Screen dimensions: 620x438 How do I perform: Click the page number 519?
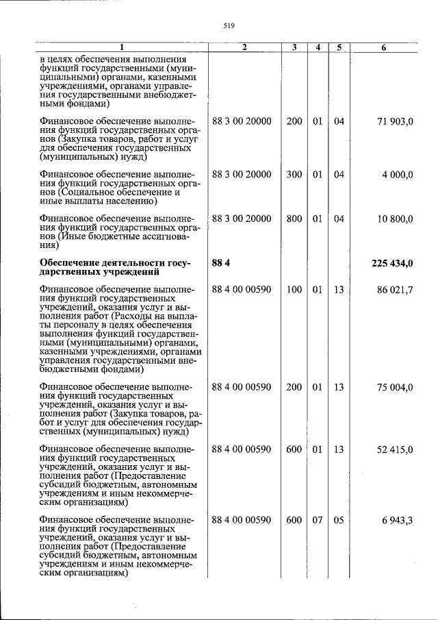[x=229, y=26]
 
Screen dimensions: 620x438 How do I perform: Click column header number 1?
[x=122, y=47]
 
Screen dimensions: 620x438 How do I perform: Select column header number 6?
[x=383, y=47]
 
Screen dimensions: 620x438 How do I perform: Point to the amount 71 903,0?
[x=395, y=121]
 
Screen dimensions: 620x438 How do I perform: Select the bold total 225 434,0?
[x=392, y=264]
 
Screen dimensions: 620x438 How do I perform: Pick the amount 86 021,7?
[x=395, y=290]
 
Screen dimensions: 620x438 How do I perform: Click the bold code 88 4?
[x=222, y=264]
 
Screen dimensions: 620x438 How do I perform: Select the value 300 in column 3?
[x=294, y=175]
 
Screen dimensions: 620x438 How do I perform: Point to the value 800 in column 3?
[x=294, y=219]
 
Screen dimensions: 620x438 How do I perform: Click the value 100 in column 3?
[x=294, y=290]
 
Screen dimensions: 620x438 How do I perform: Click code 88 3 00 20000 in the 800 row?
[x=242, y=219]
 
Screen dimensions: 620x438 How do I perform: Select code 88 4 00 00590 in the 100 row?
[x=242, y=290]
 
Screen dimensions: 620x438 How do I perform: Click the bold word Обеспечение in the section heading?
[x=70, y=264]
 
